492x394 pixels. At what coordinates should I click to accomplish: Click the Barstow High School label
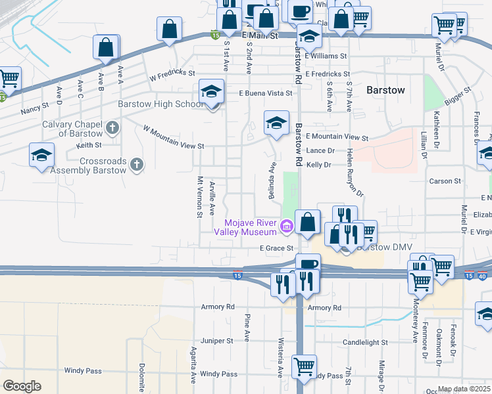click(x=160, y=104)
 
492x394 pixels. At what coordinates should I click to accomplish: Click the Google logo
click(x=22, y=386)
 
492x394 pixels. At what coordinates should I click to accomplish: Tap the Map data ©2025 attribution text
click(x=464, y=389)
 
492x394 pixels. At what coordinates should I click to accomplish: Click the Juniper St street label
click(x=217, y=341)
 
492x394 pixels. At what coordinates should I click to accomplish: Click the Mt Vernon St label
click(x=199, y=195)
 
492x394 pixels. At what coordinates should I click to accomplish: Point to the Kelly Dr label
click(x=319, y=165)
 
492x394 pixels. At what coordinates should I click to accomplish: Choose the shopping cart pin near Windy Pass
click(x=304, y=367)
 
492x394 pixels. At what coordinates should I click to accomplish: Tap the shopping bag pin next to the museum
click(x=307, y=222)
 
